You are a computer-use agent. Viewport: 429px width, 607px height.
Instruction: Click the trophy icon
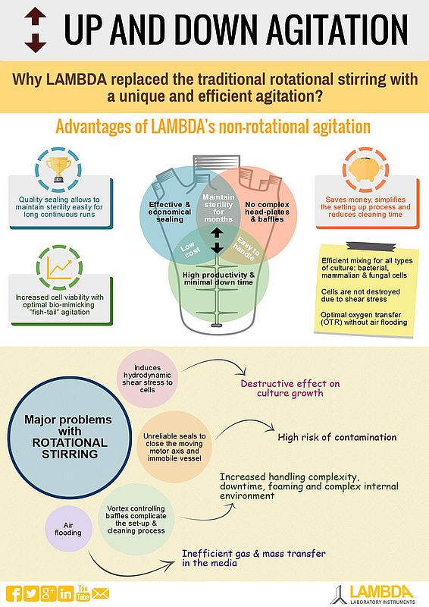pos(58,169)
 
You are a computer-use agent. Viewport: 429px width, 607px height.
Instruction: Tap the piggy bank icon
pos(365,169)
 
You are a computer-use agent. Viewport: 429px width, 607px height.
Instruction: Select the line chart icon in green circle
pos(59,268)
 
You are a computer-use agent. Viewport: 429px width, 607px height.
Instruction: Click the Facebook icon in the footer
pos(14,593)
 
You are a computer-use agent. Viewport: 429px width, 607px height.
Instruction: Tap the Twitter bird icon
pos(31,593)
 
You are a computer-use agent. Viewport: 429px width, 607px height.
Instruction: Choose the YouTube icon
pos(83,593)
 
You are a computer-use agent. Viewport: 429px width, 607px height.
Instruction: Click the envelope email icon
pos(100,593)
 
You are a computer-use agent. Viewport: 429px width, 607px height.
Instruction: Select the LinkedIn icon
pos(66,593)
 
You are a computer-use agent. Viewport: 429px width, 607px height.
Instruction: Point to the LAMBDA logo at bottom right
pos(374,595)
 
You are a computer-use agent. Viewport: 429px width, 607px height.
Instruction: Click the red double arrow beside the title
pos(35,30)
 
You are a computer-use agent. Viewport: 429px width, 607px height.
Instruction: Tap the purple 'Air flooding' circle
pos(68,529)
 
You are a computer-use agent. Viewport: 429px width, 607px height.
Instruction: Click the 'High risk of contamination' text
pos(337,438)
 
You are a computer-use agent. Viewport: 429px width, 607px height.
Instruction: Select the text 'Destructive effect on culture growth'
pos(290,388)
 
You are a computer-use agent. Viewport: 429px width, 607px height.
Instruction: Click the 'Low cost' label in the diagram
pos(190,250)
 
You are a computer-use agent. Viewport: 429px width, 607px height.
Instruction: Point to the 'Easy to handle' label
pos(246,248)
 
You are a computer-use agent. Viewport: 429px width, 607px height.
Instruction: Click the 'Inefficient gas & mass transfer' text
pos(254,558)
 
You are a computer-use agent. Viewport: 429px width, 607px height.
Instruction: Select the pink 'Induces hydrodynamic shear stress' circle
pos(147,379)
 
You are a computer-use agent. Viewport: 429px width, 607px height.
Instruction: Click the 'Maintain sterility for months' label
pos(218,208)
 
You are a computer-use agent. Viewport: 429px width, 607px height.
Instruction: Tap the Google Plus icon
pos(49,593)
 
